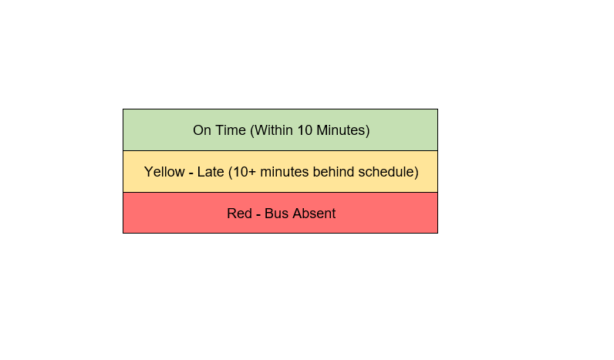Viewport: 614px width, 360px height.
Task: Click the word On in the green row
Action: [x=202, y=130]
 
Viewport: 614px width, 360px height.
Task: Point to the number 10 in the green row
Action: [x=305, y=130]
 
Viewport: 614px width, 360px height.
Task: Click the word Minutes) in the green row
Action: [x=343, y=131]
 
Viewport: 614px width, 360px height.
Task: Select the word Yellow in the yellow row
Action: [x=164, y=172]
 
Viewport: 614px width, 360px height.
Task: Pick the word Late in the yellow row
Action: [x=211, y=172]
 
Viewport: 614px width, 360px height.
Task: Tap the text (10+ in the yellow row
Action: [x=242, y=172]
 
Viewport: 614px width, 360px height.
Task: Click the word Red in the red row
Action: [x=239, y=214]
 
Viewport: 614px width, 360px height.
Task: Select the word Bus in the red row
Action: [x=276, y=214]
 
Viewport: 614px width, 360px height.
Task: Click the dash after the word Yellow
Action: [x=191, y=173]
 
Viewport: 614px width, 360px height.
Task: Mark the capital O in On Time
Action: [x=197, y=130]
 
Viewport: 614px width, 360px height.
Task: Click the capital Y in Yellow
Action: [x=148, y=172]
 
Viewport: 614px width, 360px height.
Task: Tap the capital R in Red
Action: [x=232, y=214]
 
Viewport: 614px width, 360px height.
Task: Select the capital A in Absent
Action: [x=297, y=214]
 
